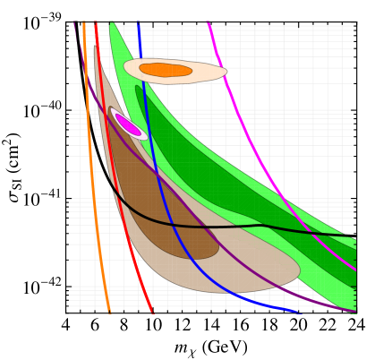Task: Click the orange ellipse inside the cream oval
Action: pos(166,70)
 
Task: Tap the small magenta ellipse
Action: pos(128,124)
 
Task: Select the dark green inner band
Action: pos(233,193)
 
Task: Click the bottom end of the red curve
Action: pos(153,313)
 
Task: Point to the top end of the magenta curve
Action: pos(209,23)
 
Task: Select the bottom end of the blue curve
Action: pos(300,313)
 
